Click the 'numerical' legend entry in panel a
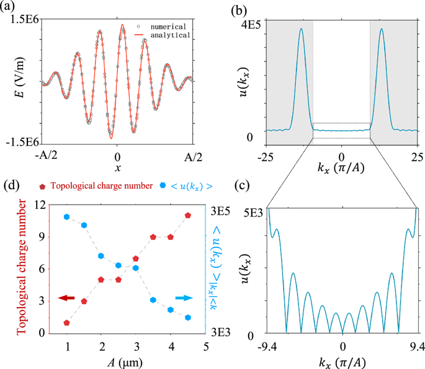167,27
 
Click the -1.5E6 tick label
23,142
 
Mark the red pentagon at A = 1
66,322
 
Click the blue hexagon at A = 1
66,216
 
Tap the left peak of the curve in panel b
301,29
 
